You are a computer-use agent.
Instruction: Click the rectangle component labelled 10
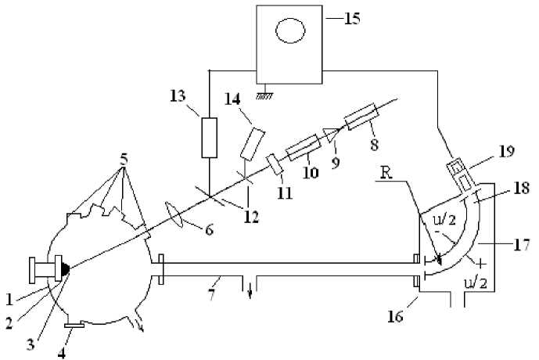[300, 147]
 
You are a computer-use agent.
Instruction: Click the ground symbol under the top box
[263, 91]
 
